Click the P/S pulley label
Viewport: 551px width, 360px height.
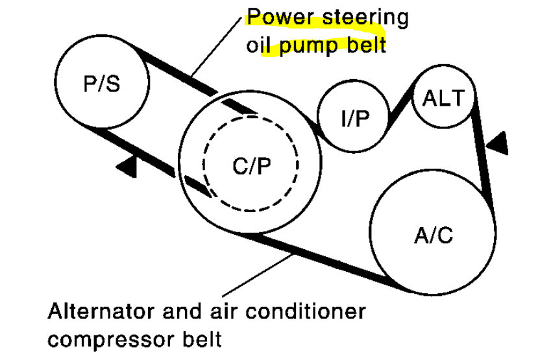pyautogui.click(x=103, y=84)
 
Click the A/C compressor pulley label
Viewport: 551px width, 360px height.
pyautogui.click(x=432, y=235)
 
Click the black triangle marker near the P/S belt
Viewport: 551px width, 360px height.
pyautogui.click(x=128, y=166)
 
